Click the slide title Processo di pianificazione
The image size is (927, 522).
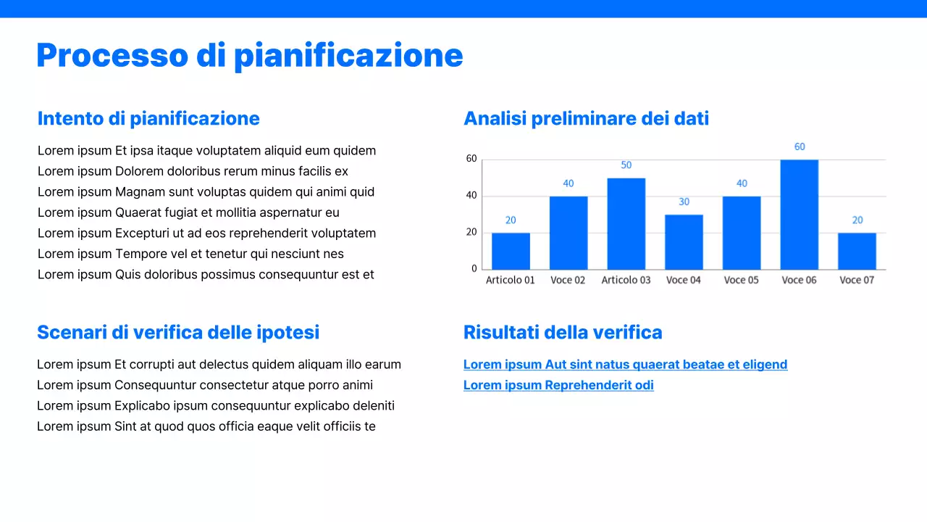(x=250, y=56)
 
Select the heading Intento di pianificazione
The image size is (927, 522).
(x=148, y=118)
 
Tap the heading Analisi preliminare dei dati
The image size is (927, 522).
(x=586, y=118)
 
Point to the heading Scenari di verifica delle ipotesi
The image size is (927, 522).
(x=178, y=332)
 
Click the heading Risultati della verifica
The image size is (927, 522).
(x=563, y=332)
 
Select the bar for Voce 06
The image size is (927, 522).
(x=799, y=215)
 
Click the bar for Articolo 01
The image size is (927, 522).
(x=511, y=251)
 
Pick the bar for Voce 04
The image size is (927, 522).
(x=684, y=242)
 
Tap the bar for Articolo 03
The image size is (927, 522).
(x=626, y=223)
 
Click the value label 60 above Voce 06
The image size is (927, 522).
(x=800, y=146)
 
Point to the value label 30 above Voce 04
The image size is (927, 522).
(x=684, y=202)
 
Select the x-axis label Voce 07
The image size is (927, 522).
(x=857, y=280)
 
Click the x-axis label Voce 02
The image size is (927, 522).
(x=568, y=280)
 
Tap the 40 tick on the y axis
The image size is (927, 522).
(x=471, y=195)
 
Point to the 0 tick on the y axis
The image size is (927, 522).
(x=474, y=268)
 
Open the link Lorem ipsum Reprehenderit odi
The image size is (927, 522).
(x=558, y=385)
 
